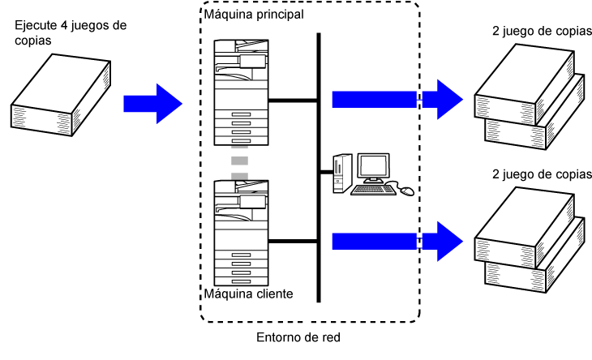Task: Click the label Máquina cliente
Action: click(249, 294)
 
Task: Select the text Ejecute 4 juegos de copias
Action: click(70, 32)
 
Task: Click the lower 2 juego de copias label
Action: click(539, 174)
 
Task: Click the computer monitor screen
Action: click(373, 168)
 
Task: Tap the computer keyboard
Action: click(374, 191)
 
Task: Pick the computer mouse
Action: click(406, 191)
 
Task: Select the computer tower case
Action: click(341, 171)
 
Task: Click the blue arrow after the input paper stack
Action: click(152, 103)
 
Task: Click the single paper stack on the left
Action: click(54, 92)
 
